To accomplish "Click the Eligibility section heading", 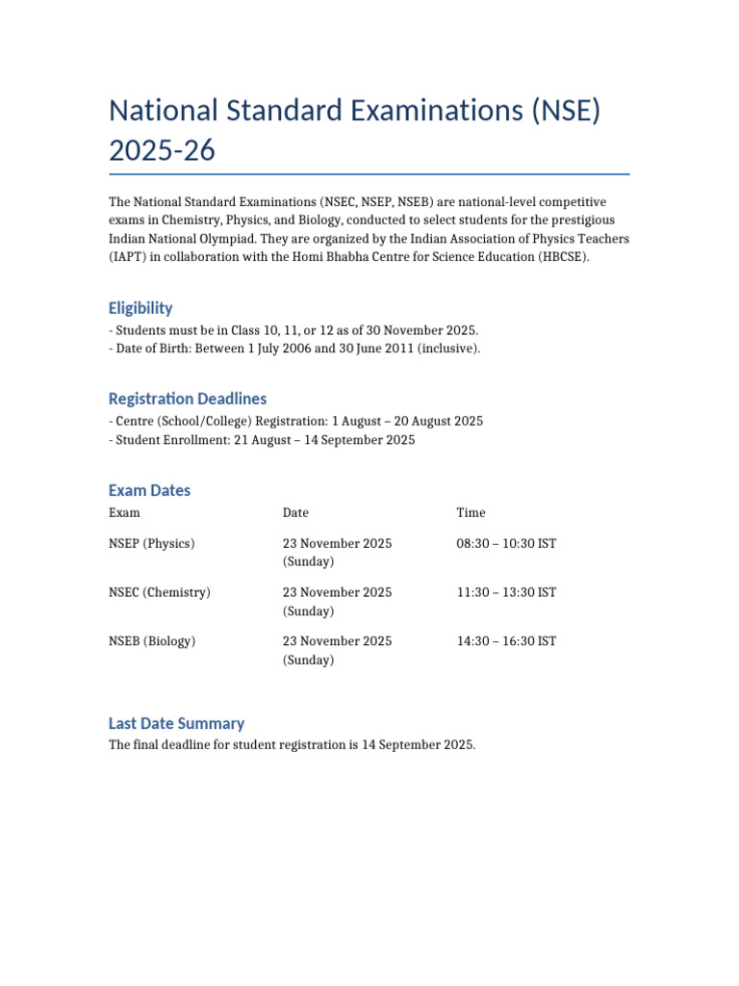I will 140,308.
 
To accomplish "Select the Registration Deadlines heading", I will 188,399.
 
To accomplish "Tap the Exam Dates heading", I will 149,490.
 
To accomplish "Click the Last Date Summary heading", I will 176,723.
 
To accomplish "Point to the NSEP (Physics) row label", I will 152,544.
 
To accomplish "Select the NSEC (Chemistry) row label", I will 160,592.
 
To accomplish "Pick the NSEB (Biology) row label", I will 152,641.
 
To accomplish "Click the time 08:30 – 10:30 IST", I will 506,544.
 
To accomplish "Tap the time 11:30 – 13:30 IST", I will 506,592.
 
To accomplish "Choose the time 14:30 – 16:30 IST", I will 506,641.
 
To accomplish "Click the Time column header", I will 471,513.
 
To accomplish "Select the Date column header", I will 295,513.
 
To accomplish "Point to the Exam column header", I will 124,513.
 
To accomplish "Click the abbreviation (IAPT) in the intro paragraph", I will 129,257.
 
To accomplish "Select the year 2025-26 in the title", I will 163,151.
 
